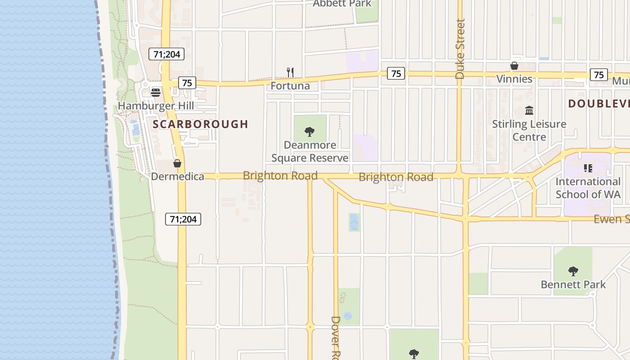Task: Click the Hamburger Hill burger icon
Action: point(156,92)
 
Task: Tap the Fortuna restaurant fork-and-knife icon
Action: point(290,72)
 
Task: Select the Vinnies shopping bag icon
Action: point(514,66)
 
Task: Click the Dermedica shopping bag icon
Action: point(177,163)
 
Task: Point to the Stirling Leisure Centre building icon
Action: point(529,110)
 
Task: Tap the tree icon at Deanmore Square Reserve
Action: point(310,132)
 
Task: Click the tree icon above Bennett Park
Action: point(573,271)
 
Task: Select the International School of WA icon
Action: point(588,168)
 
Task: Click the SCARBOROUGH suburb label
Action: point(200,124)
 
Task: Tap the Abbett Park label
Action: point(342,4)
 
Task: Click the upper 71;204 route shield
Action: point(166,54)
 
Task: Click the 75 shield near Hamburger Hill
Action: point(187,83)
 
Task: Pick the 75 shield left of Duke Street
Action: point(396,73)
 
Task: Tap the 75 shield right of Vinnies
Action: point(599,75)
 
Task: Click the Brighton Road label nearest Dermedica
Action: point(280,175)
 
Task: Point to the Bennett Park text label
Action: point(573,284)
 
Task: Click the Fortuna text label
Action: point(290,85)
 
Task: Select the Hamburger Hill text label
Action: point(156,106)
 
